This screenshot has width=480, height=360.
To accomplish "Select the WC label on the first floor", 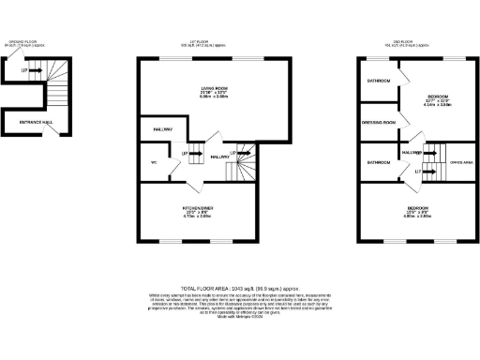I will coord(152,161).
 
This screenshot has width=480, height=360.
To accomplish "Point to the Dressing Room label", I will coord(379,122).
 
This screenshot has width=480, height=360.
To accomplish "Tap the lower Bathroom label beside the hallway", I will coord(378,162).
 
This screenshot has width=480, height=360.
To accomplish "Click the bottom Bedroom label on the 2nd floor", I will coord(417,206).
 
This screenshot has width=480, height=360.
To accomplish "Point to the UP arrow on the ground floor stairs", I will coord(26,68).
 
